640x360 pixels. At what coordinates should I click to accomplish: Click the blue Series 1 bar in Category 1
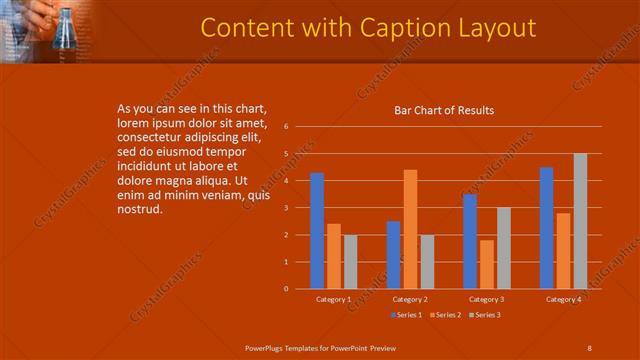(x=317, y=231)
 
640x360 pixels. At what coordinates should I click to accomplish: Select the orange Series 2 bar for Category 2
(x=410, y=229)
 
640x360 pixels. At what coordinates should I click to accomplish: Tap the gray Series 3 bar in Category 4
(x=580, y=221)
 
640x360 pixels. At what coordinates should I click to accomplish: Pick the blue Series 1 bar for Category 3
(x=470, y=241)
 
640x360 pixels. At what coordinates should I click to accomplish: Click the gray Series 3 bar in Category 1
(x=351, y=262)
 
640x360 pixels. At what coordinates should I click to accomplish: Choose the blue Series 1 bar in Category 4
(x=547, y=228)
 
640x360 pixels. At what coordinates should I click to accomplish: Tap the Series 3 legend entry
(x=487, y=315)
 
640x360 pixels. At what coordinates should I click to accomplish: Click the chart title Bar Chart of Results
(x=444, y=110)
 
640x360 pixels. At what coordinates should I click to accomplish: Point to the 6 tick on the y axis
(x=286, y=127)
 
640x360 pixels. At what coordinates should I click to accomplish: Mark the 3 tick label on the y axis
(x=286, y=208)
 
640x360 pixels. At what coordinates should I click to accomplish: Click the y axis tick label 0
(x=286, y=289)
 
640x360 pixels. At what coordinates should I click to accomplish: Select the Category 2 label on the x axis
(x=410, y=299)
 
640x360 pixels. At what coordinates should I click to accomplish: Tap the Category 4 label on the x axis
(x=563, y=299)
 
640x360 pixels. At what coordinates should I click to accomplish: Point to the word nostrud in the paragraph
(x=140, y=208)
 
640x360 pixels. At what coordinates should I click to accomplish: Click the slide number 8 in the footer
(x=590, y=347)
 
